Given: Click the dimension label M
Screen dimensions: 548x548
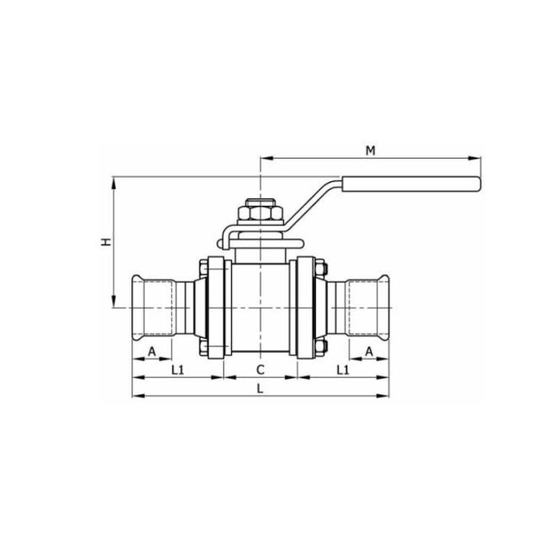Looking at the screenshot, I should click(369, 150).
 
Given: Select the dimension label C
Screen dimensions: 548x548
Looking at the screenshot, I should click(261, 369).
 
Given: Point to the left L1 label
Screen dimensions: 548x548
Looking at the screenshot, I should click(178, 369).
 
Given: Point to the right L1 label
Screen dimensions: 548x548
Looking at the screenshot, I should click(342, 369).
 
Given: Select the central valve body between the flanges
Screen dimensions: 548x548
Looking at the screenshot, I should click(261, 308).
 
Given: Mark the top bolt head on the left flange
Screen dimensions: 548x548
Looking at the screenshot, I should click(205, 269).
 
